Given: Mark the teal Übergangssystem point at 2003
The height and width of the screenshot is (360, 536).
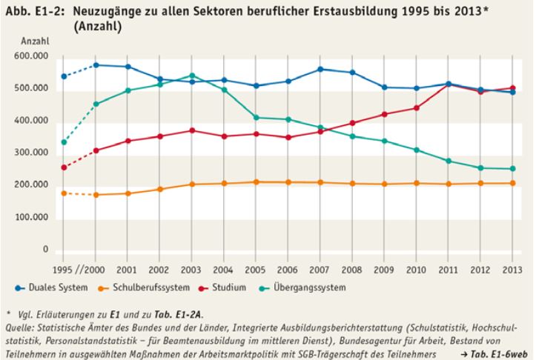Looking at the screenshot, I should tap(191, 76).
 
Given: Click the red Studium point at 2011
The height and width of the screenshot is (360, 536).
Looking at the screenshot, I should tap(449, 84).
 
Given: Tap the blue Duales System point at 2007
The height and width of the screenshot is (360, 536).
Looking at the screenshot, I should tap(320, 69).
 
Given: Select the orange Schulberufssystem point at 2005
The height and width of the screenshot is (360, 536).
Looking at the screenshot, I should tap(256, 181).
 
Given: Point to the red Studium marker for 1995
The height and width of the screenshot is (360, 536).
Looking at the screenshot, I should tap(64, 167).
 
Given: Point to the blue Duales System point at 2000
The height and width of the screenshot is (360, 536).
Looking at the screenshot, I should tap(96, 65).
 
